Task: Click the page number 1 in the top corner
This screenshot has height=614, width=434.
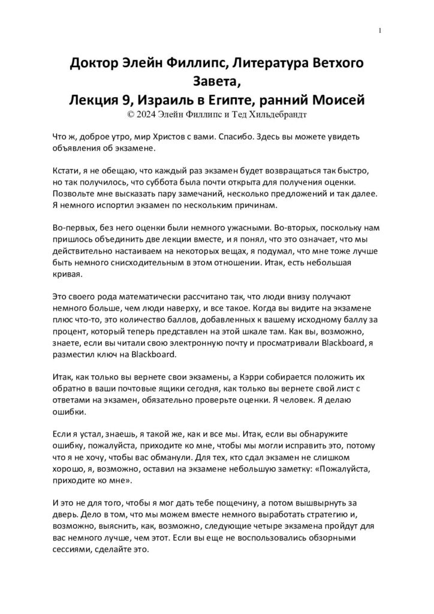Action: [x=380, y=31]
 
